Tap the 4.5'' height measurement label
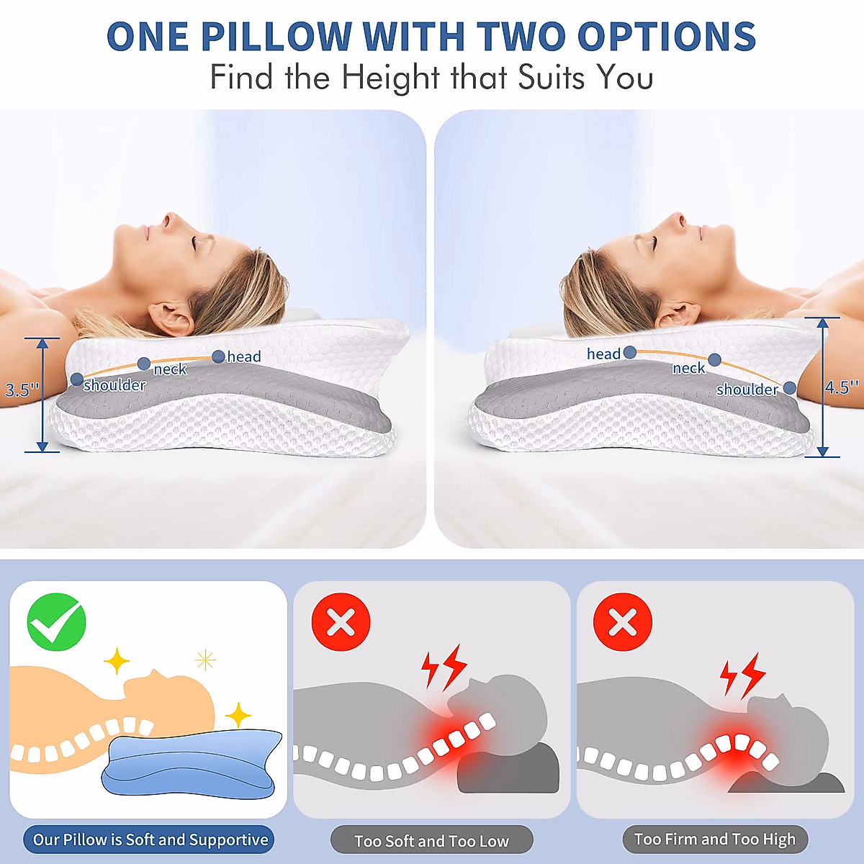841,387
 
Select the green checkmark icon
56,623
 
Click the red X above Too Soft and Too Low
341,623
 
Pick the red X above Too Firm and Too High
623,623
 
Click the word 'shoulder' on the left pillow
114,386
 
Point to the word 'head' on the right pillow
603,354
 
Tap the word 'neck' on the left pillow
170,369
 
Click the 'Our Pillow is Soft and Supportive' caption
150,840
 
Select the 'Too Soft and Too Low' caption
431,841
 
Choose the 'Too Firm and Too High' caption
714,840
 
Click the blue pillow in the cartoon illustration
191,763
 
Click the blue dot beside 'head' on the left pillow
218,356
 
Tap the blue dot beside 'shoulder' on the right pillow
790,388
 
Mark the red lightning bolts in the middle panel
444,667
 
